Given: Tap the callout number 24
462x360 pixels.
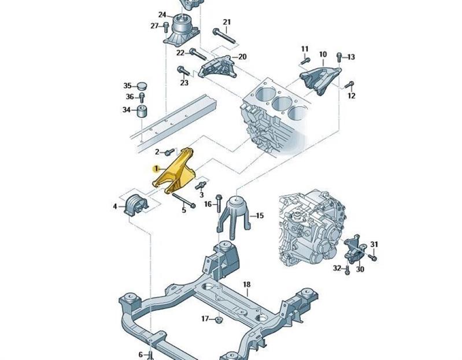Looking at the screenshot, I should pos(162,14).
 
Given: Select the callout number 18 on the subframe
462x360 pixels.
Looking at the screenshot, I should pos(246,284).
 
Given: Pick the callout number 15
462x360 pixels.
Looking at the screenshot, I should pos(260,215).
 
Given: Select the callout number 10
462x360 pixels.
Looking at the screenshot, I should pos(323,55).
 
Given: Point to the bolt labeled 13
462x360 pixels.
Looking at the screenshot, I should pos(339,57).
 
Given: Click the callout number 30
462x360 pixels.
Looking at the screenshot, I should pos(360,269).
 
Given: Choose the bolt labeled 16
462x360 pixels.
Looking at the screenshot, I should pos(219,202).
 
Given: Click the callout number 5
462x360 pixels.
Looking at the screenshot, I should pos(184,210).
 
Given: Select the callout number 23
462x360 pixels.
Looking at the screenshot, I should pos(184,83).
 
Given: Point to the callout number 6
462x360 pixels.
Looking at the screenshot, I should pos(141,354).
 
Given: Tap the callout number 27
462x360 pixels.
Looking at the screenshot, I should pos(154,25).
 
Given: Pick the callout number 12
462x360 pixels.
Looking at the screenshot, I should pos(351,96).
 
